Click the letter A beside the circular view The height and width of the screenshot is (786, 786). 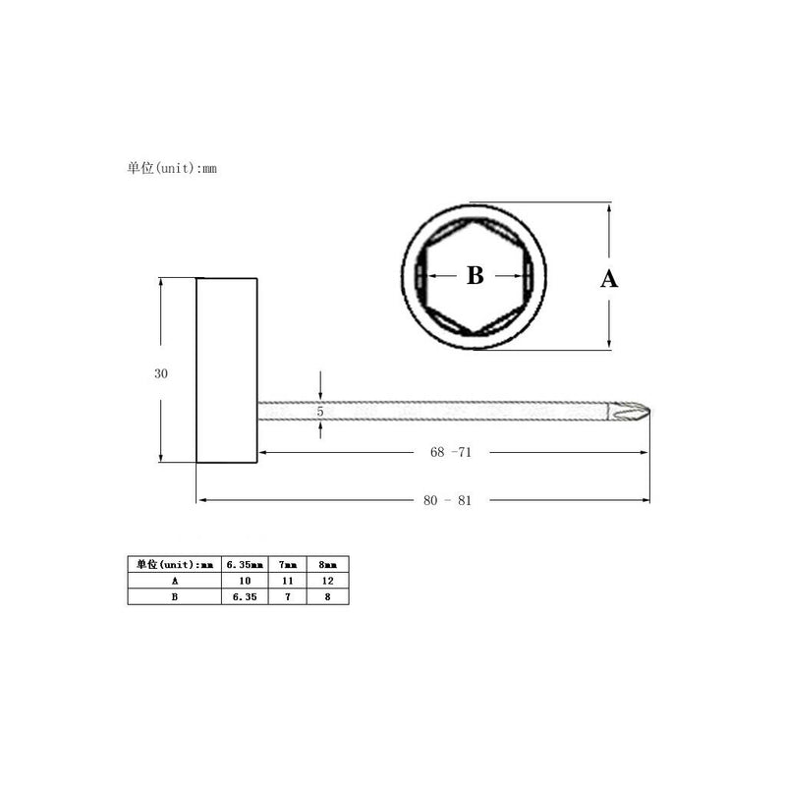[609, 279]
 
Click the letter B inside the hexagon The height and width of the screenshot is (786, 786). [476, 275]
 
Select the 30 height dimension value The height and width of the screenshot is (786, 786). [161, 373]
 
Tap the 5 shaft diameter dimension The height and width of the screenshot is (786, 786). [320, 412]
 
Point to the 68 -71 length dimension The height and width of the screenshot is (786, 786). [451, 452]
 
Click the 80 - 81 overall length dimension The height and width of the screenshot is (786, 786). [448, 500]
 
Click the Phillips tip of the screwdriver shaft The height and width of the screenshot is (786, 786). [630, 412]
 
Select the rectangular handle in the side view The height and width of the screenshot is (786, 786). [227, 370]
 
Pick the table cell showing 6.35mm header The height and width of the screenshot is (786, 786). [245, 564]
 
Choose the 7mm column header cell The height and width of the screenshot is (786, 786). [288, 564]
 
